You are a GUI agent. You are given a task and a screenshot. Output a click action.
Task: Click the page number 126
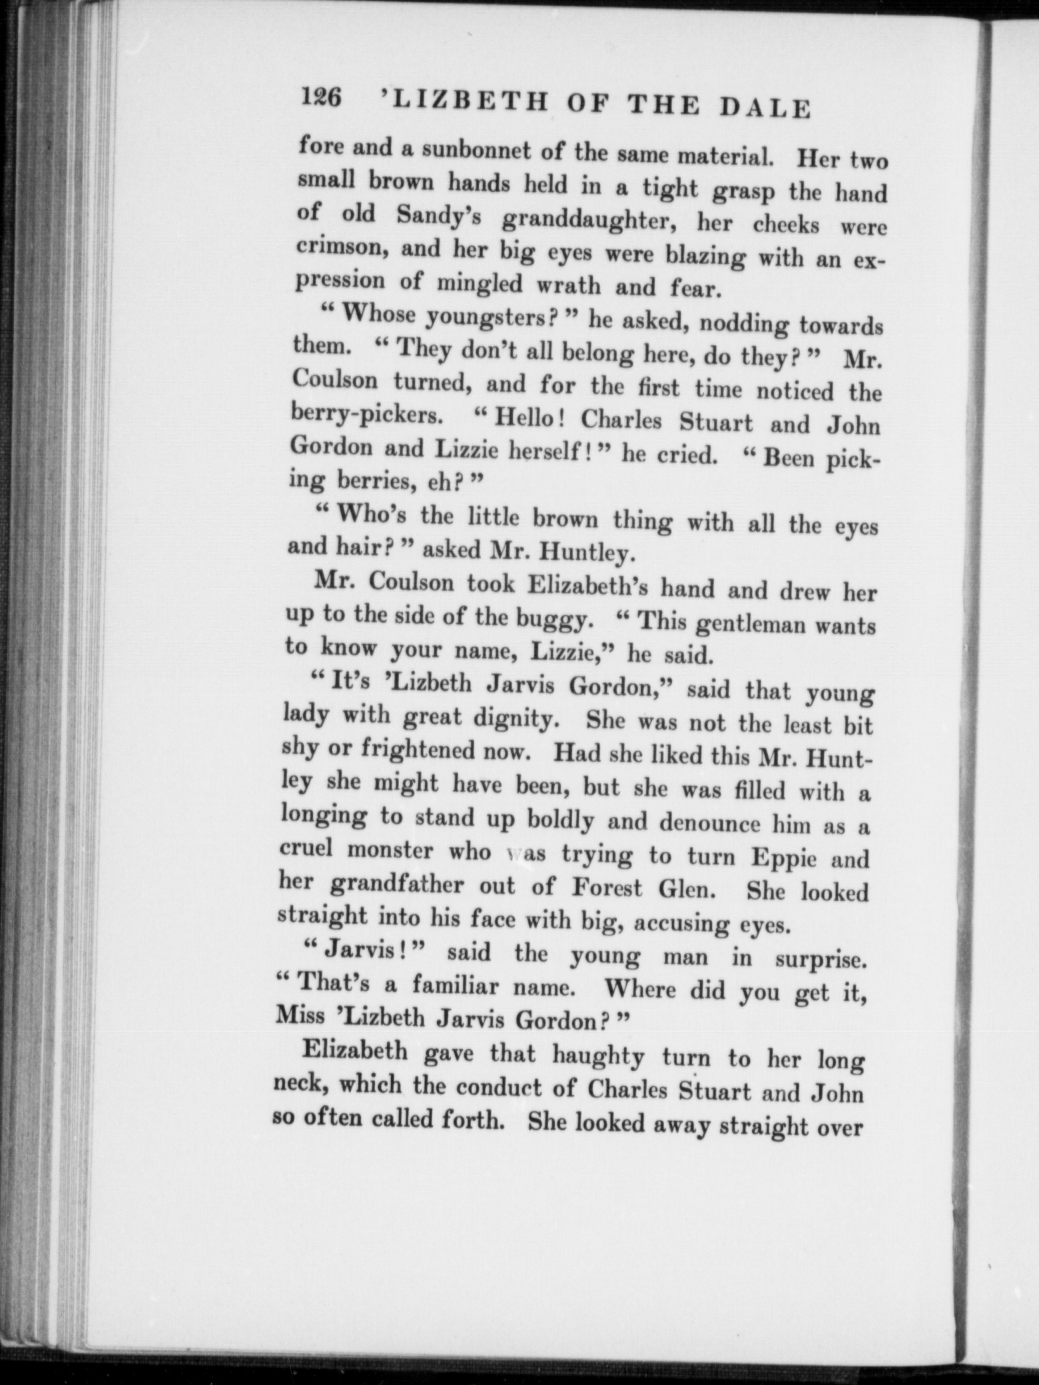coord(321,98)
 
